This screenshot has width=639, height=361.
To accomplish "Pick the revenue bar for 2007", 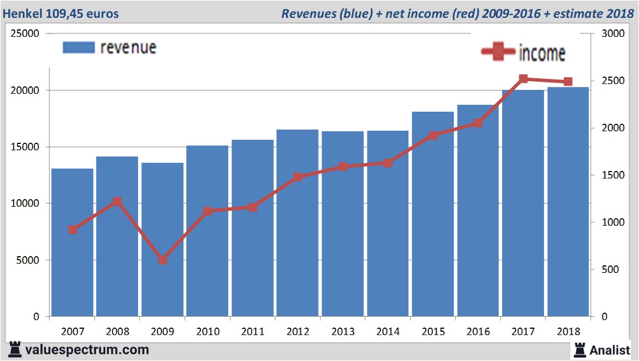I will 72,242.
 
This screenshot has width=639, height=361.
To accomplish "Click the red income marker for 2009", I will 163,260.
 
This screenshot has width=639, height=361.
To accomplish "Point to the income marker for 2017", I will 523,79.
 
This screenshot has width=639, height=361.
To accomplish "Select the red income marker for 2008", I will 117,202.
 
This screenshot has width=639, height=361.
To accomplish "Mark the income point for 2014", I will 388,163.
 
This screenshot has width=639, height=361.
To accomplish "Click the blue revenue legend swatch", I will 78,47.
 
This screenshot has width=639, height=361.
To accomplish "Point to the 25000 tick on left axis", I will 26,33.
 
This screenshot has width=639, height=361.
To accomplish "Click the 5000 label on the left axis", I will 28,260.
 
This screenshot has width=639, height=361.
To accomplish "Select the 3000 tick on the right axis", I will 611,33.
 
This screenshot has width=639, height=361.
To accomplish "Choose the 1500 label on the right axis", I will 611,175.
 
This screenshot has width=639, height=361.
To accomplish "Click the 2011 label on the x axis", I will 252,332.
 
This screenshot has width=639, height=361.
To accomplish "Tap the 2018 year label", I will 568,332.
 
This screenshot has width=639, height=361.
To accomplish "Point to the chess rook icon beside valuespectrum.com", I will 14,349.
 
